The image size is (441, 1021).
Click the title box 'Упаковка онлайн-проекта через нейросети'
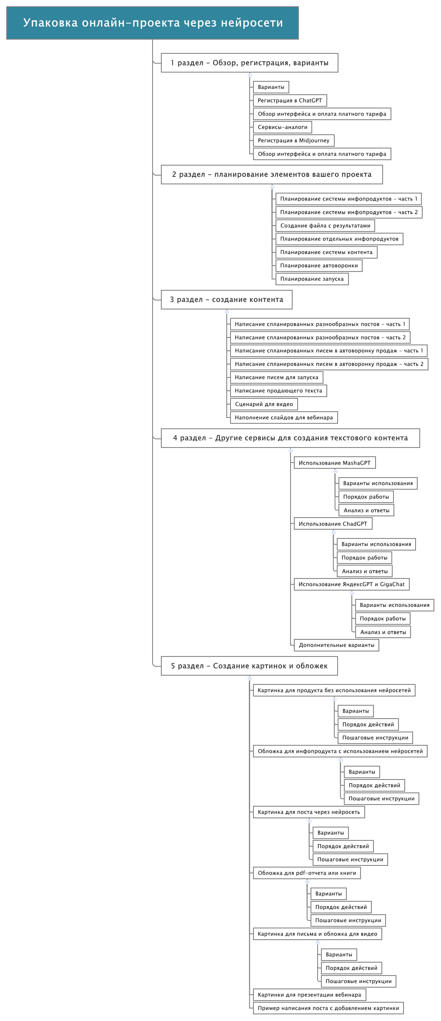point(153,23)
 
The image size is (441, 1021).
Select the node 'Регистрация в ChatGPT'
point(290,101)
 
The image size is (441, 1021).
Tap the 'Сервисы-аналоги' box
point(283,127)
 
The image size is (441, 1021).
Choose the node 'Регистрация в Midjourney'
point(294,141)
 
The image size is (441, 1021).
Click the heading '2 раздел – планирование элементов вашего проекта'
point(272,174)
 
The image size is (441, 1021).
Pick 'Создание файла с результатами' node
point(325,226)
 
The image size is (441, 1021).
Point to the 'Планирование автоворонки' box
point(319,266)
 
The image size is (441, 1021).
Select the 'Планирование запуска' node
point(312,279)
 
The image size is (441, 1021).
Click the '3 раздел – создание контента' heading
point(227,299)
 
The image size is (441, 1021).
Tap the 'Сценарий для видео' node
point(264,404)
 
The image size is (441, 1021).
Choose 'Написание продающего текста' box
point(278,391)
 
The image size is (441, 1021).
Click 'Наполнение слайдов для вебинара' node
point(284,417)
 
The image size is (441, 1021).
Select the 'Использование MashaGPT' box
point(335,463)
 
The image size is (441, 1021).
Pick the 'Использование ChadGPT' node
point(333,524)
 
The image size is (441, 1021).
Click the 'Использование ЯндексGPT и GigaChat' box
point(352,584)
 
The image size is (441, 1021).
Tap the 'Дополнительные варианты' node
point(337,645)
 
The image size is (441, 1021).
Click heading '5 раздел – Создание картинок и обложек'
point(249,666)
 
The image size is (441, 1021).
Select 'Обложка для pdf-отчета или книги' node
point(307,873)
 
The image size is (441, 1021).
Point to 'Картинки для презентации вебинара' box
point(310,995)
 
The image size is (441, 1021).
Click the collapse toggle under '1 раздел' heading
point(250,75)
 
